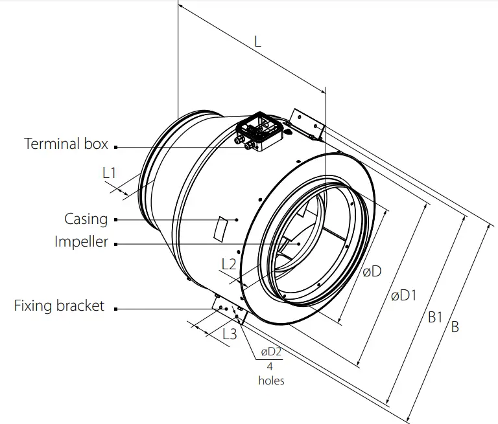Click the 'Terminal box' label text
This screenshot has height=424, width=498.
65,144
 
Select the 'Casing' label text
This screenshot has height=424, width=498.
86,219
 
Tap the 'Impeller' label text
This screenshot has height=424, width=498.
81,243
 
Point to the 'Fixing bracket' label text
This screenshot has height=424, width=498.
59,306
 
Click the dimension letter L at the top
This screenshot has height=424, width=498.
257,41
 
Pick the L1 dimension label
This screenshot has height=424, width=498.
110,173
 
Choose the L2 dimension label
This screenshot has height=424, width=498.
229,264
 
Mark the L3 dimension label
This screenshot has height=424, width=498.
230,335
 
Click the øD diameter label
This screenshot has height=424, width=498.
372,273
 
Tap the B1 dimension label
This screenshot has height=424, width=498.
434,317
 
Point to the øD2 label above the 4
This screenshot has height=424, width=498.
271,352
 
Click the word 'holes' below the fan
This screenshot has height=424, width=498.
271,381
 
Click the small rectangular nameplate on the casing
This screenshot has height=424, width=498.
221,228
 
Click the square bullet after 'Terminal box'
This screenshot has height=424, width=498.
115,147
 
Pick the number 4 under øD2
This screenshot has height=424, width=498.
271,366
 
